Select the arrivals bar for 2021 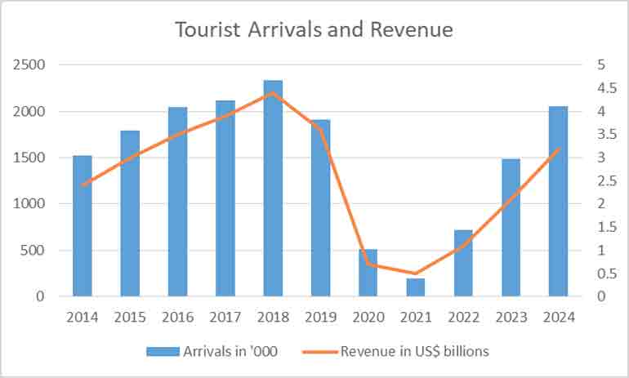point(416,287)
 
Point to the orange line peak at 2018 point(273,92)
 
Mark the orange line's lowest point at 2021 point(416,273)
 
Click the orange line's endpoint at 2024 point(558,149)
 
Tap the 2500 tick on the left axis point(29,64)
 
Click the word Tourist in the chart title point(205,30)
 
